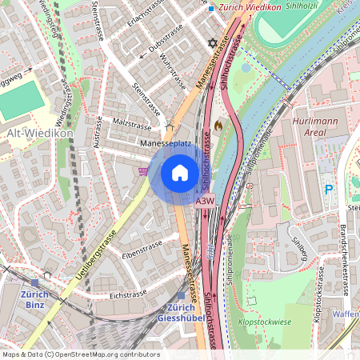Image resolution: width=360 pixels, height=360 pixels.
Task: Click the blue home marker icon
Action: coord(180,172)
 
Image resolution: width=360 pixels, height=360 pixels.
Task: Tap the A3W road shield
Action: coord(205,202)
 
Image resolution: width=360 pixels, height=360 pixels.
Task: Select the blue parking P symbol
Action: coord(328,189)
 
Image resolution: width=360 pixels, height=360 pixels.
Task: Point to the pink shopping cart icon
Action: coord(143,170)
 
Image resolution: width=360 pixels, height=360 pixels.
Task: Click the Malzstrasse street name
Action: coord(132,125)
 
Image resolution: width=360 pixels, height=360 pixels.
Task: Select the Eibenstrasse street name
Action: coord(142,247)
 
